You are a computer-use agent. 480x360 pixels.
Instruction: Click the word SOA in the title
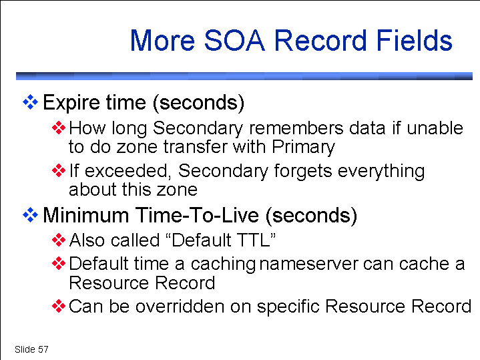[234, 41]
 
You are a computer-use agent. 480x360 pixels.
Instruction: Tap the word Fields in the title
[414, 40]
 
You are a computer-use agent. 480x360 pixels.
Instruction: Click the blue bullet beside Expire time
[30, 102]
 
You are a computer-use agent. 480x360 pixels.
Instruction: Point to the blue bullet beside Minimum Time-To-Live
[30, 215]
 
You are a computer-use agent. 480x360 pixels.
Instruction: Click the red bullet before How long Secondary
[59, 128]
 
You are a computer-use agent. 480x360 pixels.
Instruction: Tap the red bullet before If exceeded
[59, 170]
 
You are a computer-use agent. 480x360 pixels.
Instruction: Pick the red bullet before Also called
[59, 240]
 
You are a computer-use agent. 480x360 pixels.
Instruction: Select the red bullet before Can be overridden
[59, 306]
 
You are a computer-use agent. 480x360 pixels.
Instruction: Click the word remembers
[296, 128]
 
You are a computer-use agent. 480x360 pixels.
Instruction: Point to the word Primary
[303, 148]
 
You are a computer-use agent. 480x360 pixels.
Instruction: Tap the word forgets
[303, 171]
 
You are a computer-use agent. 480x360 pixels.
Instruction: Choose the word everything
[381, 171]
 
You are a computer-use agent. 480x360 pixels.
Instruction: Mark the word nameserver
[308, 264]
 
